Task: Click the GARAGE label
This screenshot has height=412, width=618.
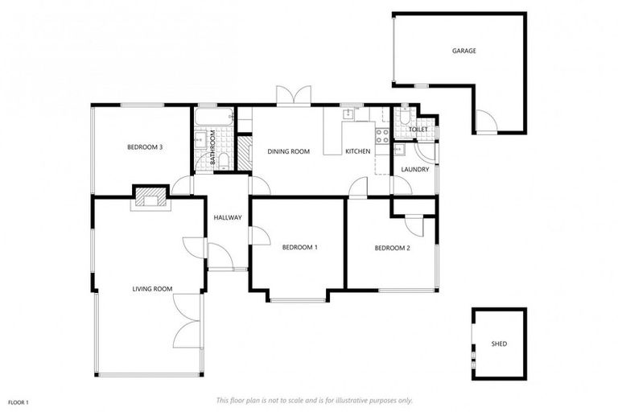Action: [x=463, y=51]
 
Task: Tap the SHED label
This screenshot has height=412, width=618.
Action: [x=499, y=344]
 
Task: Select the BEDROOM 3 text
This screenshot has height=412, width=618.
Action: [x=146, y=147]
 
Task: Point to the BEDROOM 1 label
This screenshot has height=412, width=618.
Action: [x=299, y=248]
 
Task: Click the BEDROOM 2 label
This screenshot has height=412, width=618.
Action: [x=392, y=248]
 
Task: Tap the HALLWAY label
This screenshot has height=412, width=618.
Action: [x=228, y=218]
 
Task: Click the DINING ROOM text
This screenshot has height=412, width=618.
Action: [x=288, y=151]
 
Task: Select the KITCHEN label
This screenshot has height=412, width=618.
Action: [x=357, y=151]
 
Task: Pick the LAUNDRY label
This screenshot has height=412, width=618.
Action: [x=415, y=170]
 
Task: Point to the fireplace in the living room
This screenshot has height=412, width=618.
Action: [x=150, y=199]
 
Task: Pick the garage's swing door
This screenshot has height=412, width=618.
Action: [x=485, y=123]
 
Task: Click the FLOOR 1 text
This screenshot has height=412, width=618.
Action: [x=19, y=402]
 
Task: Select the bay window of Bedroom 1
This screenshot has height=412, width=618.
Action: [x=299, y=299]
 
